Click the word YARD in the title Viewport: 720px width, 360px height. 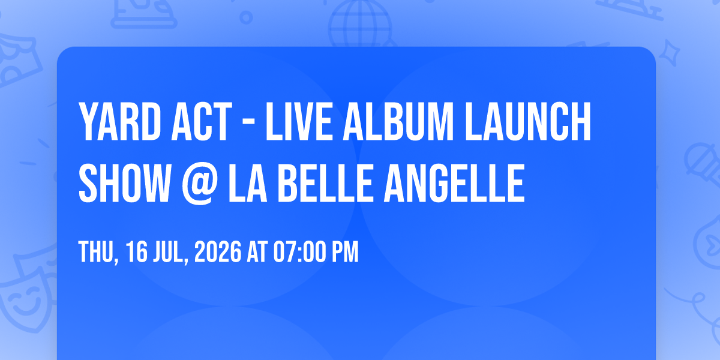[x=119, y=121]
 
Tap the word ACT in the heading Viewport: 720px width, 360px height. [x=202, y=121]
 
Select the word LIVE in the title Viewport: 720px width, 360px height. [x=299, y=121]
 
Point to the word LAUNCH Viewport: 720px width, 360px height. [x=528, y=121]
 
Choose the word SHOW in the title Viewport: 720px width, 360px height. [x=124, y=183]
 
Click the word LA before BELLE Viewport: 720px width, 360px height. [x=247, y=183]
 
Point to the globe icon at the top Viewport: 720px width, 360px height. [x=360, y=23]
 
